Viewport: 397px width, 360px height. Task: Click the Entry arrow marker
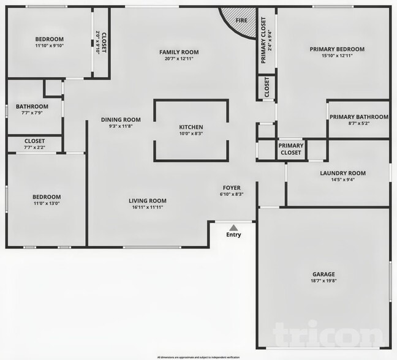coord(233,227)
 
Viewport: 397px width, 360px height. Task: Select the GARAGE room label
coord(323,274)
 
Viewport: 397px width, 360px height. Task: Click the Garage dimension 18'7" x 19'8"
coord(323,280)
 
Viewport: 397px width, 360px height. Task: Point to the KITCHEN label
coord(191,126)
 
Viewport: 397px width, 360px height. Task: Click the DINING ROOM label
coord(121,119)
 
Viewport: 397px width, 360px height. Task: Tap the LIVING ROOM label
coord(147,200)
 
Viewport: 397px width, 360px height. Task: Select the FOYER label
coord(231,187)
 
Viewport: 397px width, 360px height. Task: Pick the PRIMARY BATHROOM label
coord(358,117)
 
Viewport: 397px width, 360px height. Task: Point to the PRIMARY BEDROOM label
coord(337,49)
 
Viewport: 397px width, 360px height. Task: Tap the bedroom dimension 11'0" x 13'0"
coord(45,203)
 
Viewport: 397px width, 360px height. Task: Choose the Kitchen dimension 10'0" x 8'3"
coord(191,133)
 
